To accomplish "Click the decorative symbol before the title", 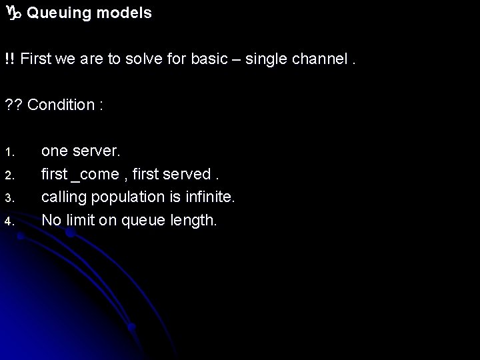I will pos(13,13).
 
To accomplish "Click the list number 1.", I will pos(8,152).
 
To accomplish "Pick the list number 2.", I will pos(8,175).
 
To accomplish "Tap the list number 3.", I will pos(8,198).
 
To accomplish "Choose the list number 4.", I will pos(8,221).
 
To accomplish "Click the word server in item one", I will pos(95,151).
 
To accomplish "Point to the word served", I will pos(190,175).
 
